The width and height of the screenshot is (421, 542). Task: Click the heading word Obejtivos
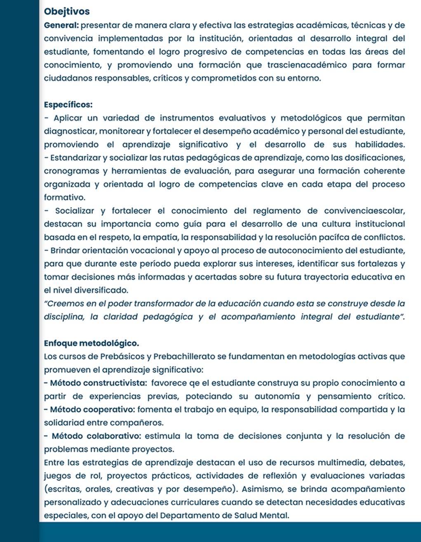[x=66, y=12]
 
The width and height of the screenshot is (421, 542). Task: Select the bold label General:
[x=61, y=25]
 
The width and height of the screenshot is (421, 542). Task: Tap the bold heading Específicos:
[x=68, y=105]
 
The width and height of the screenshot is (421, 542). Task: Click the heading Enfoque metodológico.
[x=92, y=343]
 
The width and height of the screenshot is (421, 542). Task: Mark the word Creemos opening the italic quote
[x=63, y=303]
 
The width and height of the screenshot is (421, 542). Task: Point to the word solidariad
[x=62, y=423]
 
